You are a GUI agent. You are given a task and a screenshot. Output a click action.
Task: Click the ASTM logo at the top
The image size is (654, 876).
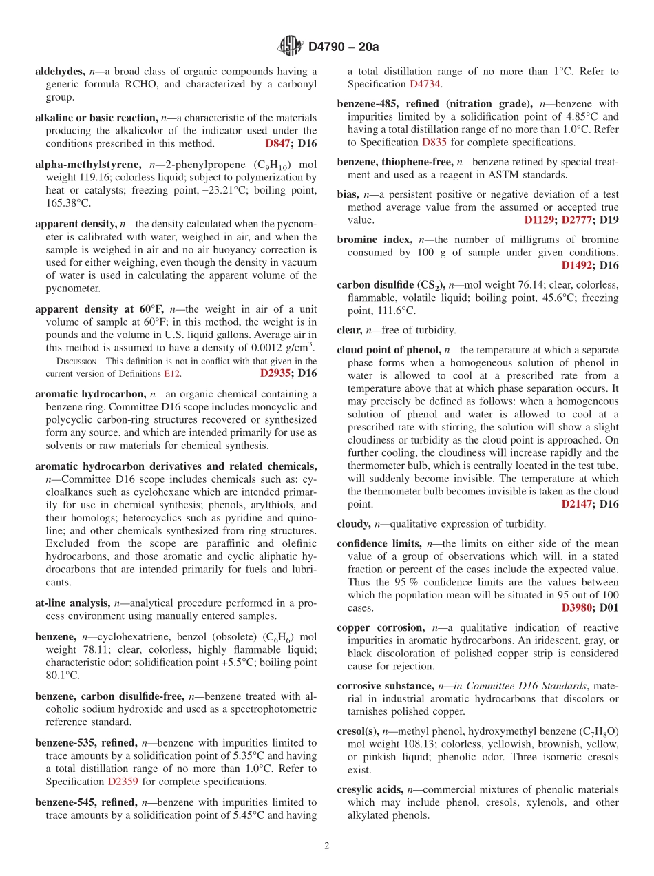(290, 46)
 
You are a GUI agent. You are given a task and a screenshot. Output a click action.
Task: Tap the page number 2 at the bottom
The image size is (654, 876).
(327, 846)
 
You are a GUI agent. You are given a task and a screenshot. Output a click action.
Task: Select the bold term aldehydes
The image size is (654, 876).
(60, 71)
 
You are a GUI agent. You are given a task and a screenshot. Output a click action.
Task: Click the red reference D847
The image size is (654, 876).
(277, 143)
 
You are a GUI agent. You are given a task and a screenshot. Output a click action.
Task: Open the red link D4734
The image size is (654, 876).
(425, 84)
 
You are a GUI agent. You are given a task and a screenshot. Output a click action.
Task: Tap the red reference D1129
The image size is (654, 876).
(539, 220)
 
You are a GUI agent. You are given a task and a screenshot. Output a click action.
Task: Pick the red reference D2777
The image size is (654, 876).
(577, 220)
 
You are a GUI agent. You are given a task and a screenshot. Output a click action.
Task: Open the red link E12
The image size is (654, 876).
(172, 373)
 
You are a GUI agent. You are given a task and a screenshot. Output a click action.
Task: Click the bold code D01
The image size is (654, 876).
(609, 608)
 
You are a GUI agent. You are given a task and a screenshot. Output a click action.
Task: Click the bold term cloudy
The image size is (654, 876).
(353, 524)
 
